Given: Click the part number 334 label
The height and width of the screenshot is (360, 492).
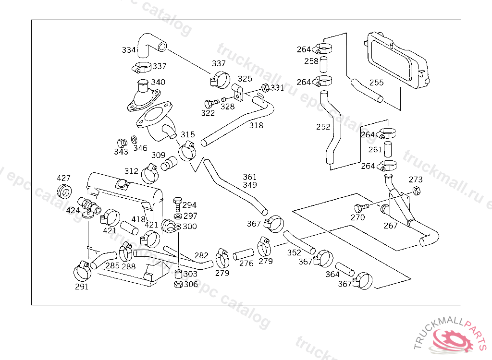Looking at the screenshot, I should (128, 50).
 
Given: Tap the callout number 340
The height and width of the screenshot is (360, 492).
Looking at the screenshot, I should (158, 83).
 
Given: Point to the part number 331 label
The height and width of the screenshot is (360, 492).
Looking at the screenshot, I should (277, 88).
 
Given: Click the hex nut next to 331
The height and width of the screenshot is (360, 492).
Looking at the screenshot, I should (264, 88).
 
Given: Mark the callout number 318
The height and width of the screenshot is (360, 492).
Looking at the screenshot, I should (256, 125).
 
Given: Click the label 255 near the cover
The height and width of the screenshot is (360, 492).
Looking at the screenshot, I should (376, 83).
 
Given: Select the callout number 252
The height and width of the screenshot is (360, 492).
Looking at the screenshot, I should (323, 127).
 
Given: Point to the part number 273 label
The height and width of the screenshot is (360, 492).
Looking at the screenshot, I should (416, 180).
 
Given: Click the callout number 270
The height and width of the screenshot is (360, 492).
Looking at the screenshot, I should (357, 217).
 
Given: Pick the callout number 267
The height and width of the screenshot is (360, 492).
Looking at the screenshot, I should (391, 225).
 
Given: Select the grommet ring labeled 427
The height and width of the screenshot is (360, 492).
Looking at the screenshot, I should (64, 191).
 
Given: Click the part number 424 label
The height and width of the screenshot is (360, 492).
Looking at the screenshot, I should (73, 210).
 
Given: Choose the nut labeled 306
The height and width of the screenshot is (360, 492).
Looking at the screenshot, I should (177, 285).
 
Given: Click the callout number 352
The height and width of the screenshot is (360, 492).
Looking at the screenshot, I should (294, 252).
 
